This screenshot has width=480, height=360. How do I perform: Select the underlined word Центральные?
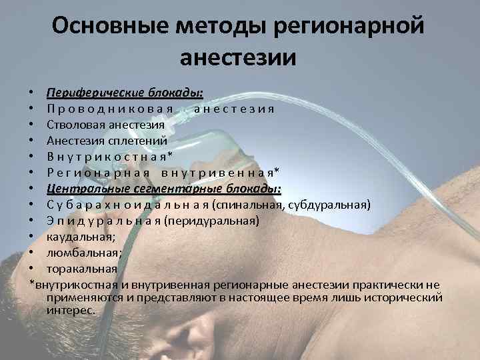(x=80, y=189)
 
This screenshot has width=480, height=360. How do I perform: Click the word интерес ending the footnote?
(x=70, y=309)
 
